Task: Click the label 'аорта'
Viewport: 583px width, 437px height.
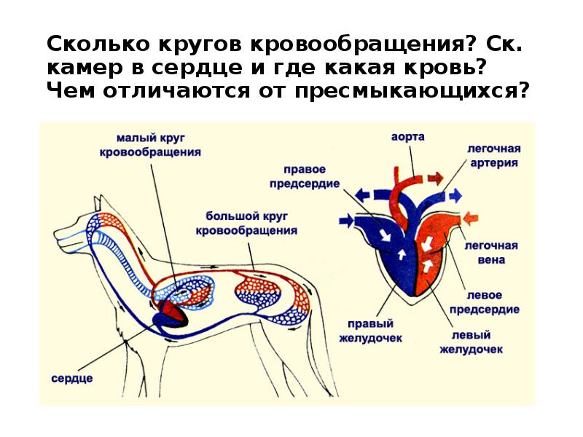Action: pyautogui.click(x=408, y=137)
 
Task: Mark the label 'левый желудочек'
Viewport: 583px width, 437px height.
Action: pyautogui.click(x=472, y=342)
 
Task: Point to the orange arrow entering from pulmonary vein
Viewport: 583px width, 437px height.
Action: pyautogui.click(x=471, y=217)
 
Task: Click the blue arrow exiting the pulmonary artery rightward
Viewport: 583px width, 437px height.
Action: pyautogui.click(x=455, y=194)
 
